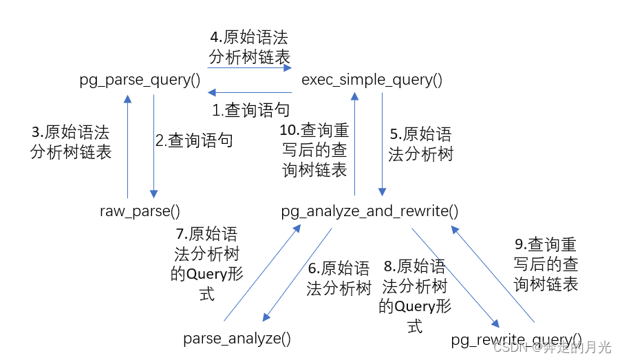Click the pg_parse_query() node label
click(140, 80)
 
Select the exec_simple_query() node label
click(372, 80)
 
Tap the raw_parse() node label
click(140, 211)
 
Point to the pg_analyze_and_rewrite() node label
click(370, 211)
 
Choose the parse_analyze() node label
click(237, 338)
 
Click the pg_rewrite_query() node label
click(516, 339)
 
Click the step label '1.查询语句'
click(250, 109)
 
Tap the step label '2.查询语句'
click(194, 141)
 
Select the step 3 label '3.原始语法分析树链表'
click(71, 142)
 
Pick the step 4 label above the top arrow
click(250, 46)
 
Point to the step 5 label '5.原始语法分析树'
click(420, 143)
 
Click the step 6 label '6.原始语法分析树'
click(339, 278)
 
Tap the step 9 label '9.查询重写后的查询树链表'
click(546, 264)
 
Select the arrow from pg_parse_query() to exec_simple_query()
click(250, 67)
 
